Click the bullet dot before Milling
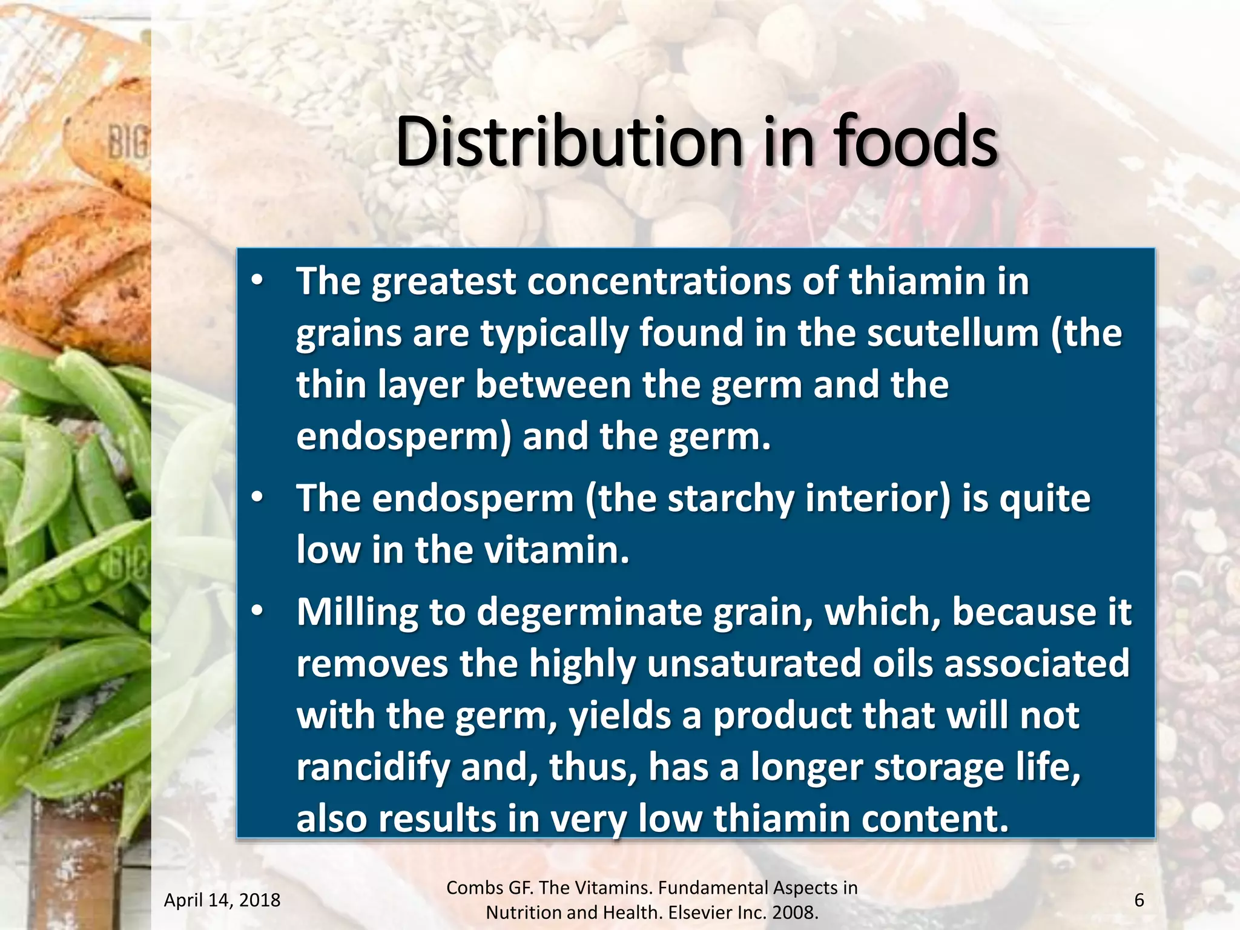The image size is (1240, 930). tap(257, 612)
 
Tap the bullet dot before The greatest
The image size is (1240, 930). tap(257, 282)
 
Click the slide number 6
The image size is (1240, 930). tap(1139, 900)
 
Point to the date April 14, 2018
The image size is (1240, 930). tap(222, 900)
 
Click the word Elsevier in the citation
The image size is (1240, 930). tap(705, 912)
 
